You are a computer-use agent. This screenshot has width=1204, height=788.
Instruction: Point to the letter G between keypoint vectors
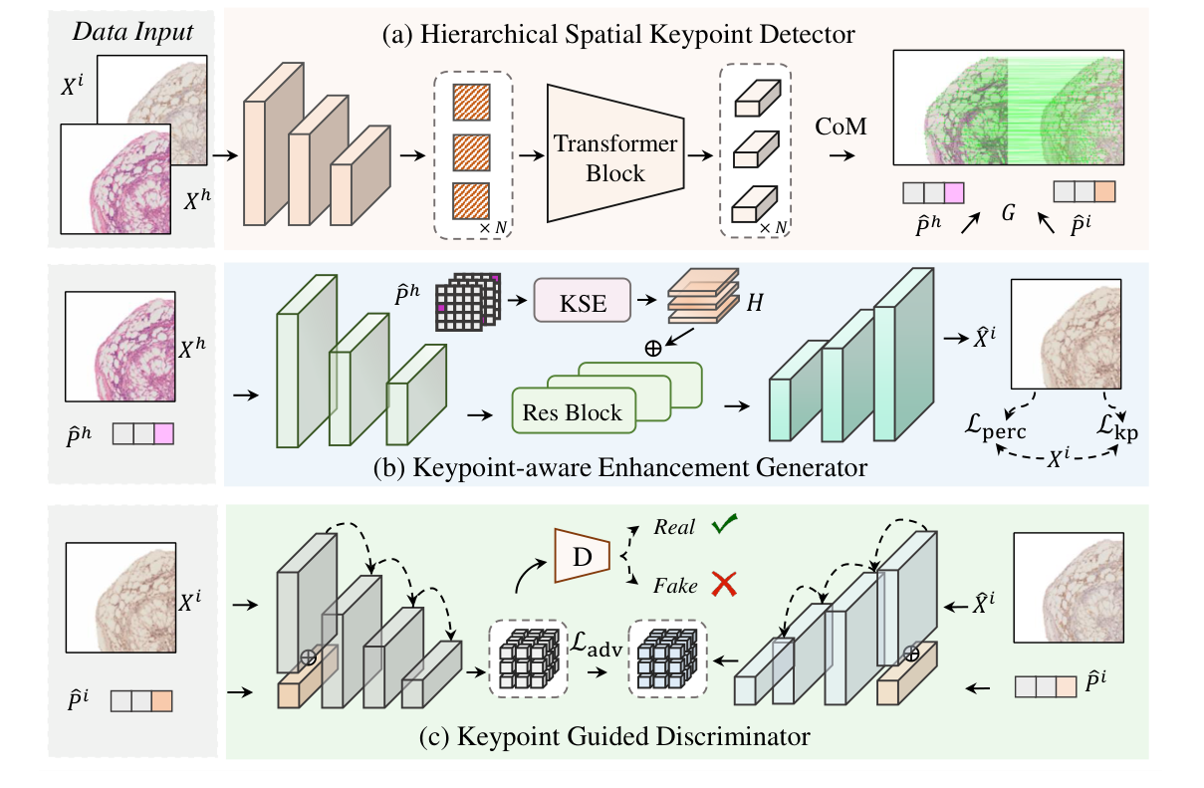(1008, 214)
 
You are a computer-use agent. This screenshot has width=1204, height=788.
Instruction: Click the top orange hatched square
(473, 103)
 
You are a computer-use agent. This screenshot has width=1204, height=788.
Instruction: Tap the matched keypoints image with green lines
(1008, 108)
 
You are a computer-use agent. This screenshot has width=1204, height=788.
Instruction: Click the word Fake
(675, 587)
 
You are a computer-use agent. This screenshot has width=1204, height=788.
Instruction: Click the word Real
(674, 528)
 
